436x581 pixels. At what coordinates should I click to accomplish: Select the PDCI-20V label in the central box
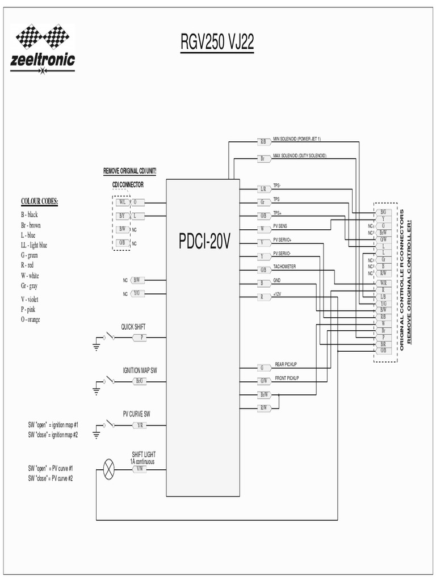pyautogui.click(x=205, y=243)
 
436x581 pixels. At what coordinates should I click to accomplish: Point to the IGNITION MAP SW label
pyautogui.click(x=140, y=370)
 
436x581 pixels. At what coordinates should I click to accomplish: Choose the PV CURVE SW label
pyautogui.click(x=136, y=414)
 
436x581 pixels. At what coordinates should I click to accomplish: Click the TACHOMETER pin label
pyautogui.click(x=284, y=266)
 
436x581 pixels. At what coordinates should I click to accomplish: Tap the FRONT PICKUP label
pyautogui.click(x=287, y=377)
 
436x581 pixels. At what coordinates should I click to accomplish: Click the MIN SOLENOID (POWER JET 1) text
pyautogui.click(x=297, y=138)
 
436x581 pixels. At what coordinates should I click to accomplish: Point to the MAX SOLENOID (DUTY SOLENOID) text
pyautogui.click(x=300, y=155)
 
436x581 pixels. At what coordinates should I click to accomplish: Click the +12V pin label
pyautogui.click(x=277, y=294)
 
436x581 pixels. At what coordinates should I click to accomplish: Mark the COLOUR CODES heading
pyautogui.click(x=40, y=201)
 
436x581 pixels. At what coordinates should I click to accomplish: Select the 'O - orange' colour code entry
pyautogui.click(x=31, y=319)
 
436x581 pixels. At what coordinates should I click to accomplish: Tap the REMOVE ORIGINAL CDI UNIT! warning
pyautogui.click(x=129, y=171)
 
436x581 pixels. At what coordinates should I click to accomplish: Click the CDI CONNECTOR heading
pyautogui.click(x=128, y=184)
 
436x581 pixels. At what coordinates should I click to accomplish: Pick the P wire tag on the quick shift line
pyautogui.click(x=142, y=337)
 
